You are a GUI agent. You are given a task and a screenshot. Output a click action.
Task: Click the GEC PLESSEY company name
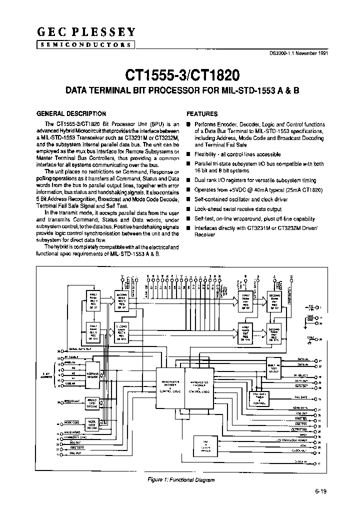pyautogui.click(x=85, y=32)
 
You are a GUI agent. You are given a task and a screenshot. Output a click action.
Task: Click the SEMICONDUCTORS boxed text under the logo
pyautogui.click(x=85, y=44)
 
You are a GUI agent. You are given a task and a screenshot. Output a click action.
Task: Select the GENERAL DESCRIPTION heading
pyautogui.click(x=72, y=113)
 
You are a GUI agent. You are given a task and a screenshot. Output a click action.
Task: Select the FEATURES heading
pyautogui.click(x=202, y=113)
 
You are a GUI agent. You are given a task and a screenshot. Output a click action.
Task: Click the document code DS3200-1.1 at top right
pyautogui.click(x=298, y=54)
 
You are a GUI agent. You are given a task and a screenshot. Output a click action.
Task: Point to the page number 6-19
pyautogui.click(x=321, y=491)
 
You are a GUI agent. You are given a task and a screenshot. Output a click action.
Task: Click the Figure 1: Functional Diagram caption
pyautogui.click(x=181, y=480)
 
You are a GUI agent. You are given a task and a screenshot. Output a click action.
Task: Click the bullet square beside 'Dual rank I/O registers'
pyautogui.click(x=188, y=181)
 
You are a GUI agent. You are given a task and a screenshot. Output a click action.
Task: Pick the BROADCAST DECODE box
pyautogui.click(x=92, y=403)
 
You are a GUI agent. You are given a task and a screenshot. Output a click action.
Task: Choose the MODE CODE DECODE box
pyautogui.click(x=92, y=424)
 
